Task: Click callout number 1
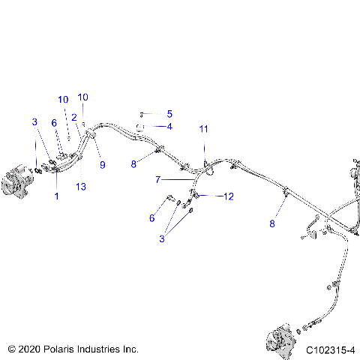pyautogui.click(x=56, y=196)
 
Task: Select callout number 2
pyautogui.click(x=74, y=117)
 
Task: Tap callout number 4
pyautogui.click(x=169, y=127)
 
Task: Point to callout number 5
pyautogui.click(x=169, y=114)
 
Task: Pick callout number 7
pyautogui.click(x=157, y=180)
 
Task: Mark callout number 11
pyautogui.click(x=203, y=129)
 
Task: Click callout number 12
pyautogui.click(x=229, y=196)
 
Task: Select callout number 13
pyautogui.click(x=82, y=186)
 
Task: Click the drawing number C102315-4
pyautogui.click(x=330, y=349)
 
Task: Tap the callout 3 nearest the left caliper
pyautogui.click(x=34, y=121)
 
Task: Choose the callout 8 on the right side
pyautogui.click(x=274, y=223)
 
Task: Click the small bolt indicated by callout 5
pyautogui.click(x=141, y=114)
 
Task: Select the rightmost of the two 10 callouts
pyautogui.click(x=83, y=97)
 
